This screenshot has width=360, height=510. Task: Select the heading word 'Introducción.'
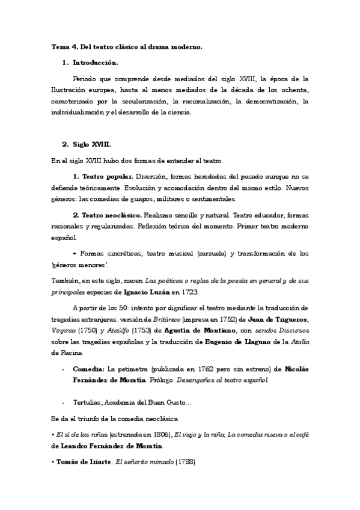[x=96, y=63]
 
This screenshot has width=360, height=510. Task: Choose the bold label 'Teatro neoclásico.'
[x=107, y=215]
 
